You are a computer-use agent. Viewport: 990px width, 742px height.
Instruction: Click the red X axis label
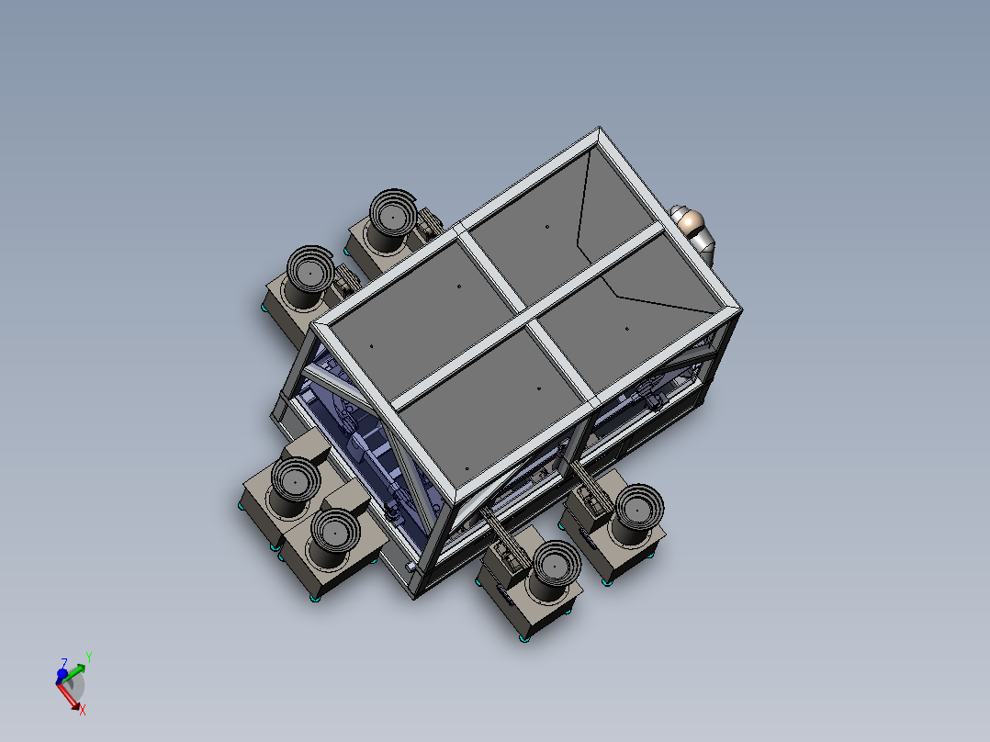[83, 710]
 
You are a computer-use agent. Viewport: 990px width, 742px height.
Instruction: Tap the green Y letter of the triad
[88, 656]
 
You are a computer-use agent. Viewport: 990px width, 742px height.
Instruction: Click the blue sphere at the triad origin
[62, 675]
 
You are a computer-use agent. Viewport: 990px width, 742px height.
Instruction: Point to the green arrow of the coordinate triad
[77, 664]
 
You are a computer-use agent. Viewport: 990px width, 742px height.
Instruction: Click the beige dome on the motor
[690, 221]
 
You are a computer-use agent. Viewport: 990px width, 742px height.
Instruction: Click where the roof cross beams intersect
[529, 318]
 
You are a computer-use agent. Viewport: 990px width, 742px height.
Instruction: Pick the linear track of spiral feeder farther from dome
[343, 280]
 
